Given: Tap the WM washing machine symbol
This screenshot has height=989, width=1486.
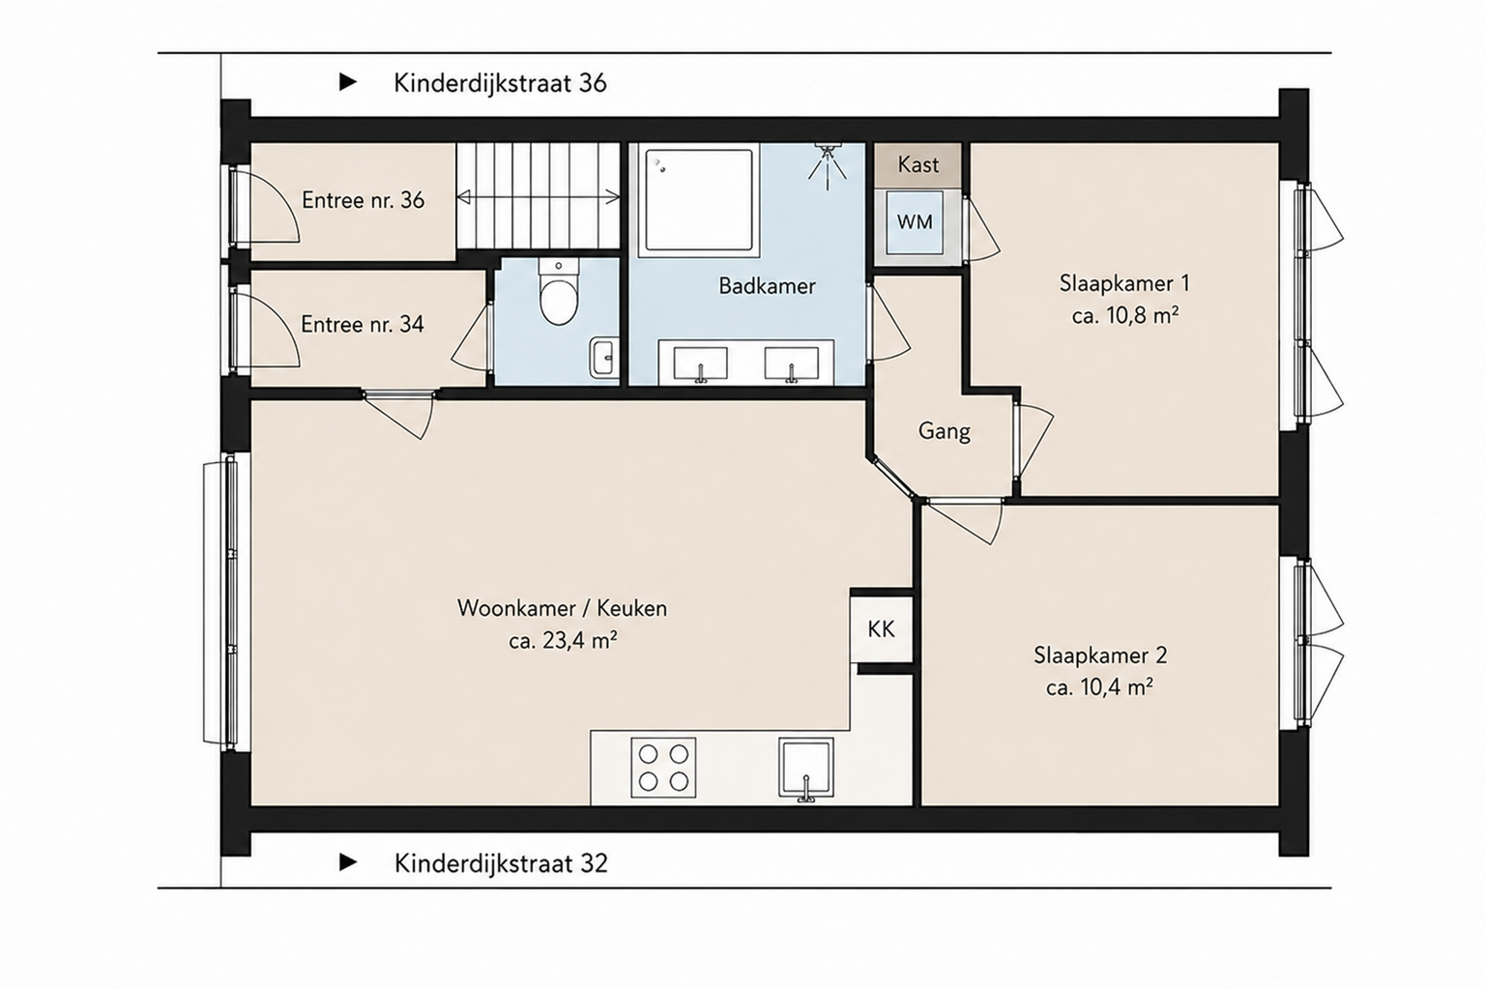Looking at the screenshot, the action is point(915,223).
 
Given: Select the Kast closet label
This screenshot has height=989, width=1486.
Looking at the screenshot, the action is point(918,164).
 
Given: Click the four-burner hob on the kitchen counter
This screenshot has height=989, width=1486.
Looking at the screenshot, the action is point(662,767).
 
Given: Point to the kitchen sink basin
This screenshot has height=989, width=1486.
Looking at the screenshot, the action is point(806,768).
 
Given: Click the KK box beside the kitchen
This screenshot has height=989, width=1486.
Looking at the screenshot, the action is point(881,628).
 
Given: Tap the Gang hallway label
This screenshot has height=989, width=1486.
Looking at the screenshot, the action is point(944,432).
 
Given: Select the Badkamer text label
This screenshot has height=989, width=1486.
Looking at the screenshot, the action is point(767,286).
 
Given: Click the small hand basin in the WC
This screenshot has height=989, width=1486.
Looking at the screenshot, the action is point(603,359).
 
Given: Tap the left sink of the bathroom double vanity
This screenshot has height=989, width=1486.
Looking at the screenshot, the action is point(701,364).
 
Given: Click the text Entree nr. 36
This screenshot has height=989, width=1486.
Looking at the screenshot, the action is point(363,200).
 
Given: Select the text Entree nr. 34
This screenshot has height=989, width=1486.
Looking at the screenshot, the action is point(363,325).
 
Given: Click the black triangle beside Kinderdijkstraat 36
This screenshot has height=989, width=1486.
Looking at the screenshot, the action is point(348,82).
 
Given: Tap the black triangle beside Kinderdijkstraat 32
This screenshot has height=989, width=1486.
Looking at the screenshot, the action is point(348,862).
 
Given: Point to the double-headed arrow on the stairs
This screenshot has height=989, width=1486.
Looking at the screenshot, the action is point(538,197).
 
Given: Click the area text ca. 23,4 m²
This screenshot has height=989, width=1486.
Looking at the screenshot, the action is point(564,641).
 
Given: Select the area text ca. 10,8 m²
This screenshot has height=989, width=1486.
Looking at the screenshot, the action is point(1125,315).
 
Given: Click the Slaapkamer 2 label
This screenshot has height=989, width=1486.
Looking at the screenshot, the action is point(1100,655).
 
